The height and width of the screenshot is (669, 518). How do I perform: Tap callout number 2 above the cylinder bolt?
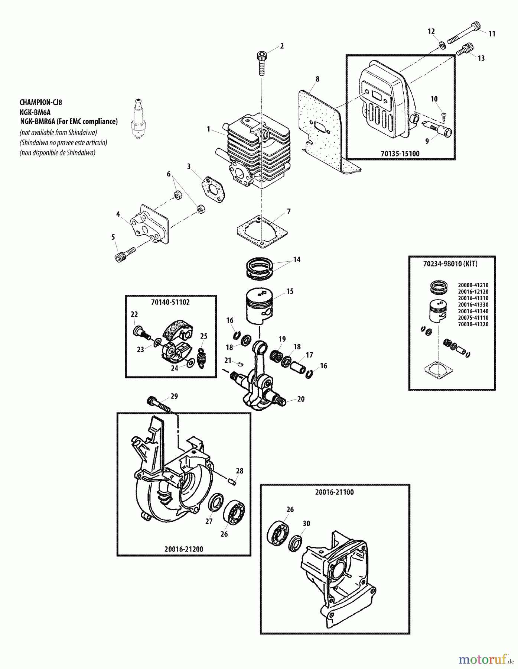tap(282, 46)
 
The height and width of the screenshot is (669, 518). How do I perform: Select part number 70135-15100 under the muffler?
tap(400, 153)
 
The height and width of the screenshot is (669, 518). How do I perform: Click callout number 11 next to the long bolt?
tap(492, 34)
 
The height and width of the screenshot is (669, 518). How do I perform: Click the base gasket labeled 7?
tap(263, 232)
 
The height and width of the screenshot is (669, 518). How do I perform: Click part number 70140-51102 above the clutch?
tap(170, 302)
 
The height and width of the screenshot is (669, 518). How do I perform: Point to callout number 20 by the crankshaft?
tap(301, 399)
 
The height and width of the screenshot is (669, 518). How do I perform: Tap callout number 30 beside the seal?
tap(306, 524)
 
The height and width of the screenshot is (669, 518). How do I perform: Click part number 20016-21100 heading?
tap(335, 492)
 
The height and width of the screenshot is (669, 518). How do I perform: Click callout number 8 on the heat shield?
tap(317, 79)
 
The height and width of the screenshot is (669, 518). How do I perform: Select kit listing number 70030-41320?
tap(473, 324)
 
